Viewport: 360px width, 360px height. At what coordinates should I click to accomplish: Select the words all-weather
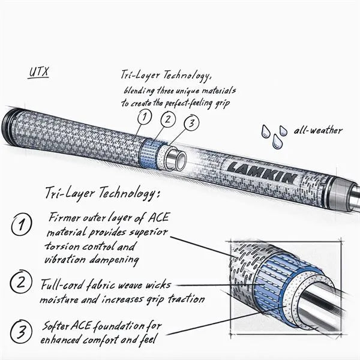click(x=318, y=130)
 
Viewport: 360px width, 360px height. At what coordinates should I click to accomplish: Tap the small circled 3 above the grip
click(x=191, y=124)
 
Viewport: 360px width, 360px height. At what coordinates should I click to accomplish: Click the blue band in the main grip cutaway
click(x=149, y=153)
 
